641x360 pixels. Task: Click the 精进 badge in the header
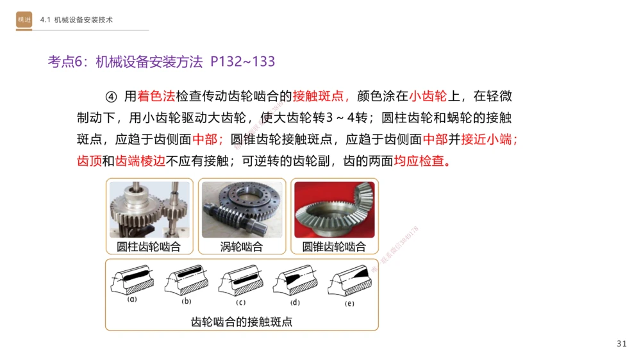[x=24, y=20]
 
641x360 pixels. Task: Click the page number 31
[x=621, y=344]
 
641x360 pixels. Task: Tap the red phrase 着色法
[x=156, y=97]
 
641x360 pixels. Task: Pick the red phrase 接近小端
[x=488, y=139]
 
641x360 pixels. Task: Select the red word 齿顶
[x=89, y=161]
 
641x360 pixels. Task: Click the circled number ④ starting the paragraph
[x=112, y=97]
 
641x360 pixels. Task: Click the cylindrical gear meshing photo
[x=149, y=209]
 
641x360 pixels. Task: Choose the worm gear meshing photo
[x=241, y=209]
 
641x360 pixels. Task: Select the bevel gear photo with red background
[x=334, y=209]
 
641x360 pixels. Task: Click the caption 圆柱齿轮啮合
[x=149, y=247]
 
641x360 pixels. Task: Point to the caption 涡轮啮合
[x=241, y=247]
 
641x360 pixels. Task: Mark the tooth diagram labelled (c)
[x=241, y=282]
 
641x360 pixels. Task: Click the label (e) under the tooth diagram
[x=349, y=303]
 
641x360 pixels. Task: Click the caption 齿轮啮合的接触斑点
[x=241, y=322]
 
